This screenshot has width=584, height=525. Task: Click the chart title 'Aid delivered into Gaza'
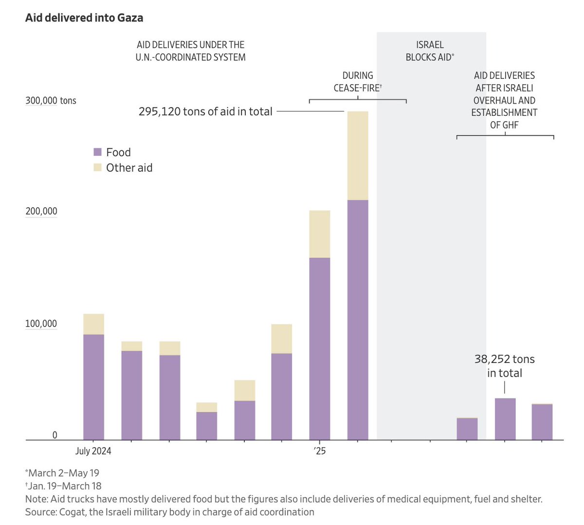84,18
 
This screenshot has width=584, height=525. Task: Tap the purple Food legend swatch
97,152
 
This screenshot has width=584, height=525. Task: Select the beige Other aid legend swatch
97,168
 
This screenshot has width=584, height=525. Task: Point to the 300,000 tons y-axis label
51,101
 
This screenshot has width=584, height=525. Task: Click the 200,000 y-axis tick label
41,211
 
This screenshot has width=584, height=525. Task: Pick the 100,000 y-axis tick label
41,324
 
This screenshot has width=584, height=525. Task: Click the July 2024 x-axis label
93,451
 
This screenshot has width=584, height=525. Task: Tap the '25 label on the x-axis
319,451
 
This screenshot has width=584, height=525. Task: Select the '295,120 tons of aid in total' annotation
205,111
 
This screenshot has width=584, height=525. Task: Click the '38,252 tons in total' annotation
504,366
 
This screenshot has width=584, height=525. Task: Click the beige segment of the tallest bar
358,156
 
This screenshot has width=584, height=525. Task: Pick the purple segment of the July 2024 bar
93,387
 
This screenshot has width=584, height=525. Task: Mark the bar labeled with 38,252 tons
505,419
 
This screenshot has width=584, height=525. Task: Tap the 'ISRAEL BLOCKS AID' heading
430,51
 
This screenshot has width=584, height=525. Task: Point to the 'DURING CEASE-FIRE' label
358,82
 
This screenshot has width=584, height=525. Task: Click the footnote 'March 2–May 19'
63,473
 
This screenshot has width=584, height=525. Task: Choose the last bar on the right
542,422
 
